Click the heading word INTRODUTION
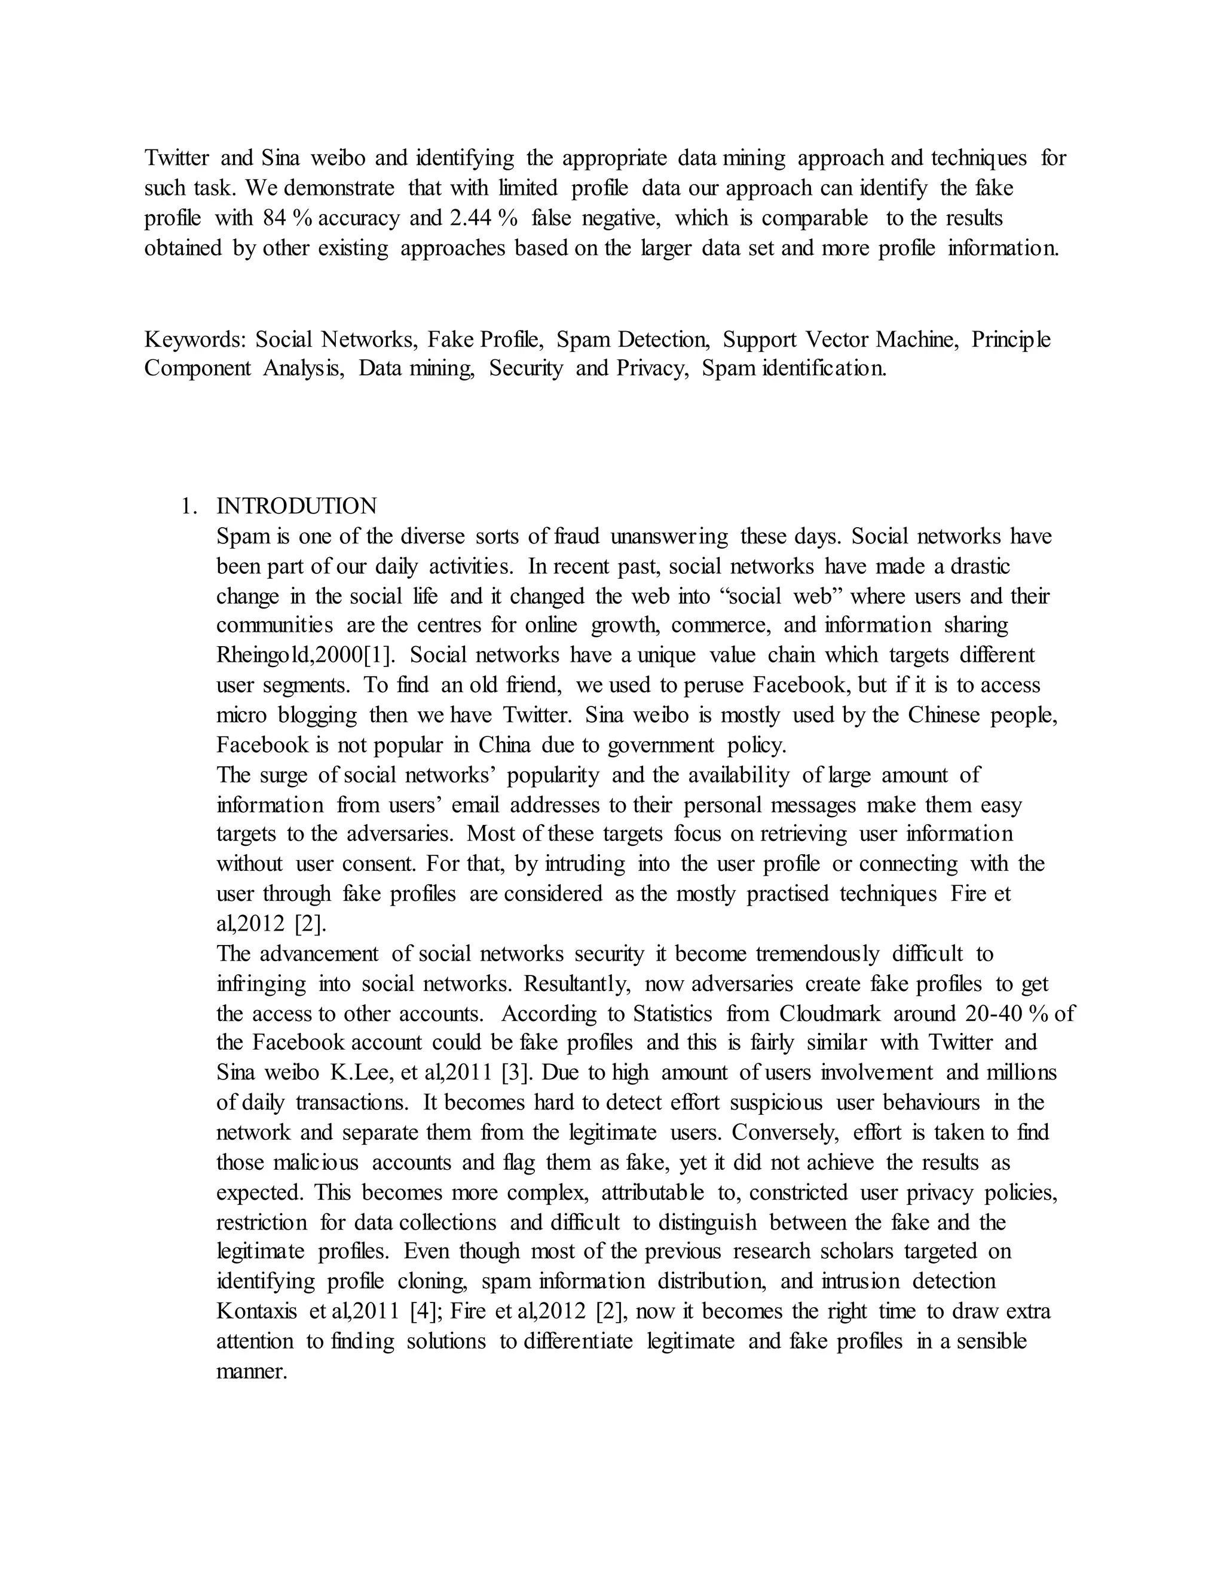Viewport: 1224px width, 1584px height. click(296, 506)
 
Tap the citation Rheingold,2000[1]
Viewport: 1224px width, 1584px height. click(306, 655)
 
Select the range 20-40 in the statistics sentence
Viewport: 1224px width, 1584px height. click(994, 1013)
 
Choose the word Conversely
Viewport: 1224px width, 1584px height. click(786, 1132)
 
